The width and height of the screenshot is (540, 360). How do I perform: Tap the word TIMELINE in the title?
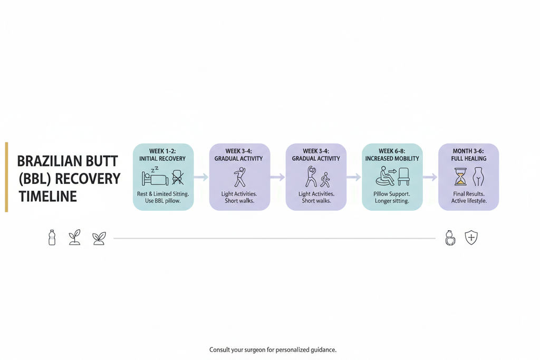click(47, 197)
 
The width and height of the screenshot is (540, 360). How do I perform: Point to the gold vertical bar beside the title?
click(6, 177)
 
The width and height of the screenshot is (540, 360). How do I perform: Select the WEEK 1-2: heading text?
click(162, 151)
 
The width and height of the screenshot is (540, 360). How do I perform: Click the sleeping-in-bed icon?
click(155, 176)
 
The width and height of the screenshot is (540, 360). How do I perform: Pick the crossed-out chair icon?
click(178, 177)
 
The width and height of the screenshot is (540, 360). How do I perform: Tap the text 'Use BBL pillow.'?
click(163, 201)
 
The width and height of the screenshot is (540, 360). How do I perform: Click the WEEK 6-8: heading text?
click(392, 151)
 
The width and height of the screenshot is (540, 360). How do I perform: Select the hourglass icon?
click(460, 177)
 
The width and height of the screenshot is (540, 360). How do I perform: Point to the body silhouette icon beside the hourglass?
click(478, 177)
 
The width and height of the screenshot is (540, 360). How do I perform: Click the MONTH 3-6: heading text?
click(468, 151)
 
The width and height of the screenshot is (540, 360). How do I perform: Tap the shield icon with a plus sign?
click(471, 238)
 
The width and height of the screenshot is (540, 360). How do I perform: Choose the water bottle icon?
click(52, 238)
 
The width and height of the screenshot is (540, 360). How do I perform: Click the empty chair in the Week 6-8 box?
click(403, 177)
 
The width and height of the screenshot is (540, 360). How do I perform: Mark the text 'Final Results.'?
click(469, 194)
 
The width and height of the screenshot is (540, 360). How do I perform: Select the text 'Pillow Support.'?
click(392, 194)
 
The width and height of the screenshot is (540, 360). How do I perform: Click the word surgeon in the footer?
click(255, 350)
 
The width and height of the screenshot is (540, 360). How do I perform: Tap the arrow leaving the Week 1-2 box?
click(201, 177)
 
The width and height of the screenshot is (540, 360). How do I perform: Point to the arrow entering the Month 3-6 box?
click(430, 177)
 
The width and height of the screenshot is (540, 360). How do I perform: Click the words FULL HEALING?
click(469, 159)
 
